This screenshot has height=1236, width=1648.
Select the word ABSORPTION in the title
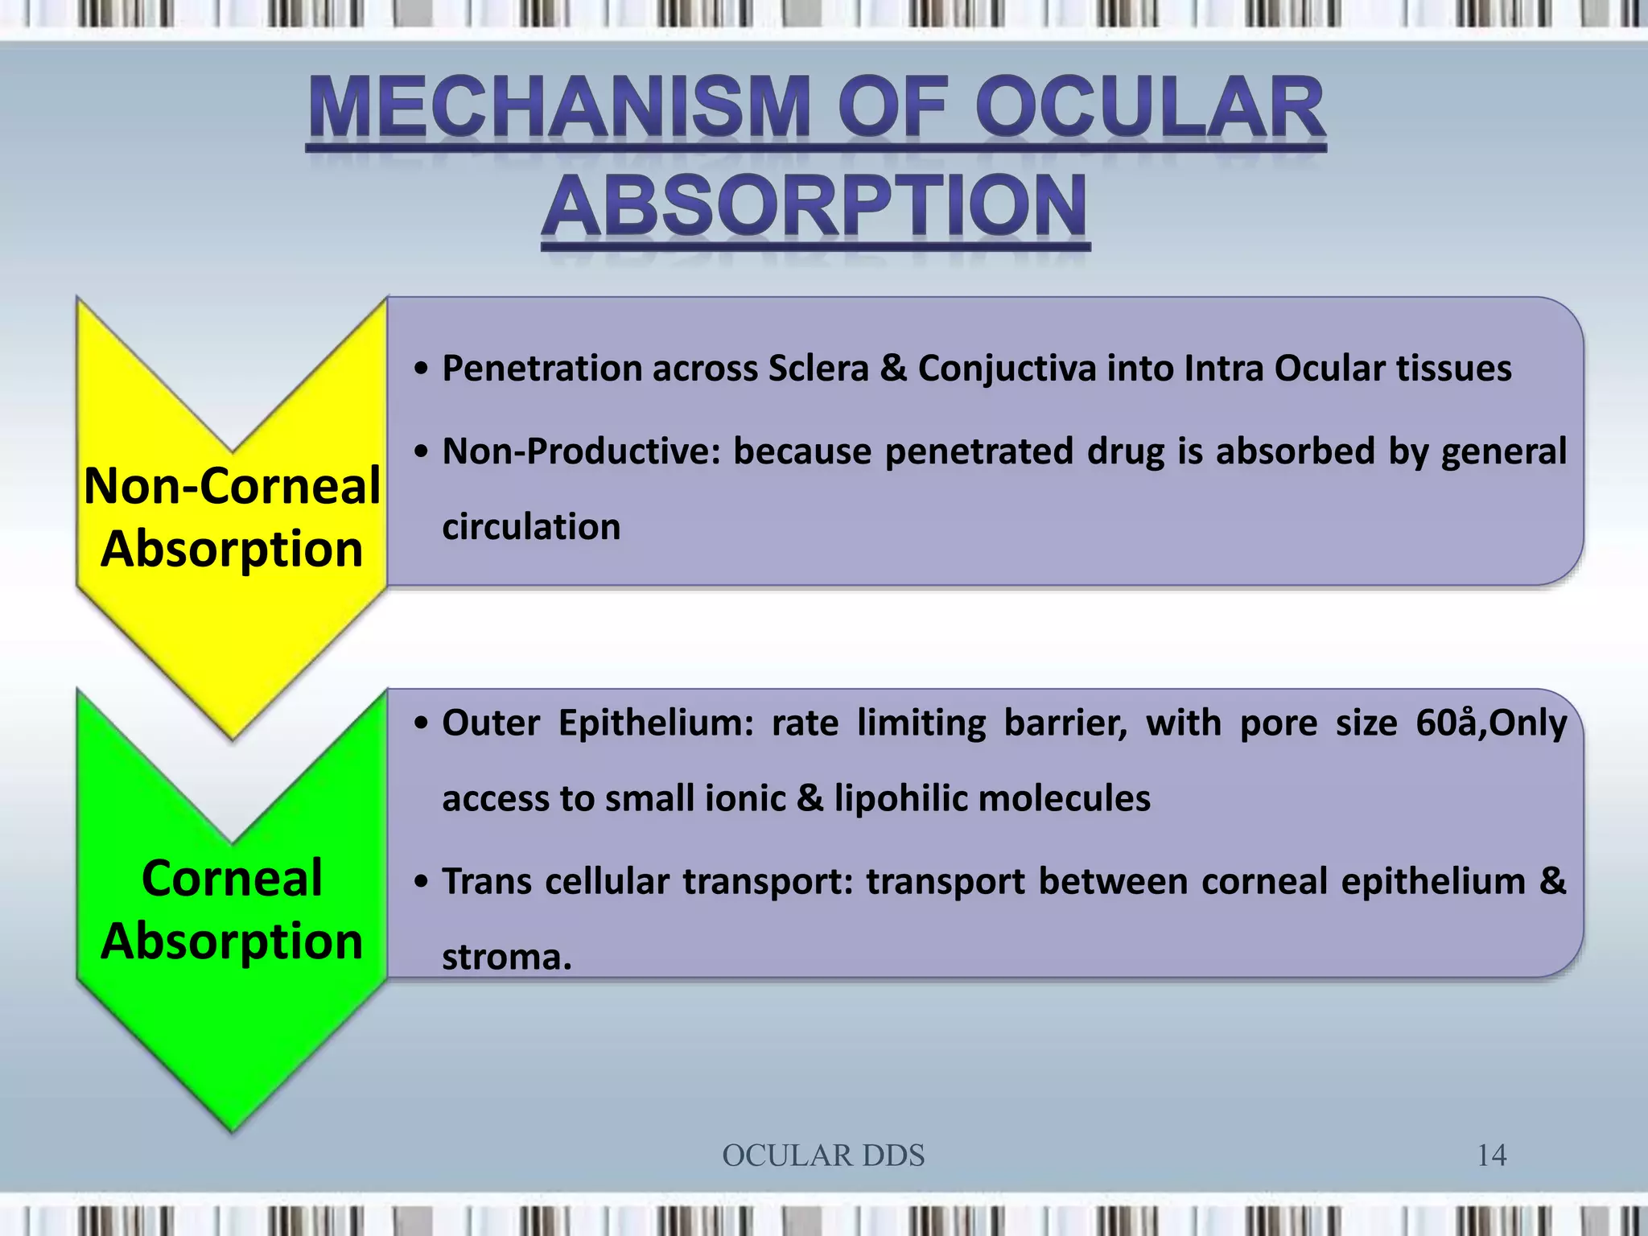815,207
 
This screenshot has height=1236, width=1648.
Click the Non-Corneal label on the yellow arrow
232,486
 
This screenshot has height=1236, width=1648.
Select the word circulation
531,527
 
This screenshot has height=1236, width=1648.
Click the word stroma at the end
505,957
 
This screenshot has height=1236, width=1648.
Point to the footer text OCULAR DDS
823,1156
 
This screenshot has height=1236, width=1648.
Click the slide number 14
1491,1156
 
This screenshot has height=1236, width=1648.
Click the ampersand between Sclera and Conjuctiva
893,369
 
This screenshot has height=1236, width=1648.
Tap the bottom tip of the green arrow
233,1129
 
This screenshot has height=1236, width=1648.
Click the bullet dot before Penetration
421,369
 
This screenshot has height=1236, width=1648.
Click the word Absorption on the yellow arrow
232,549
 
